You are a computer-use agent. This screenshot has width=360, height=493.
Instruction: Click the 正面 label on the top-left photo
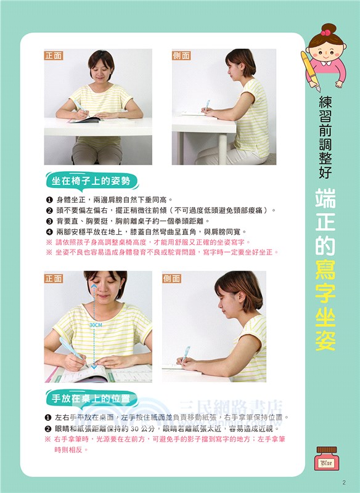[x=54, y=55]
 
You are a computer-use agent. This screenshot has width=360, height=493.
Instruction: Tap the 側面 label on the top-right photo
[x=181, y=55]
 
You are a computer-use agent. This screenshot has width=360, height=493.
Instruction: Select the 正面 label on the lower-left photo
[x=54, y=279]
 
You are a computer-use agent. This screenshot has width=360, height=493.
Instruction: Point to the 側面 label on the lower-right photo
[x=172, y=279]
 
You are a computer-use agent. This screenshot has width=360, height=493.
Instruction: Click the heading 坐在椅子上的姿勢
[x=91, y=181]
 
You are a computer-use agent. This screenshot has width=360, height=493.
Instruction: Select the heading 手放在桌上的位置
[x=91, y=398]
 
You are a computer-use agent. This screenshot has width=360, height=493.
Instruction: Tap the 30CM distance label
[x=96, y=324]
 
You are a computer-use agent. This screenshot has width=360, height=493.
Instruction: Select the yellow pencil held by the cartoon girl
[x=309, y=71]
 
